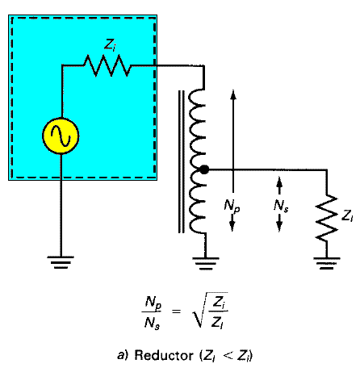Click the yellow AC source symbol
(61, 136)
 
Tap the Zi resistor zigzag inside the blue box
(107, 65)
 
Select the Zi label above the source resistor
(110, 44)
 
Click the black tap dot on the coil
(204, 169)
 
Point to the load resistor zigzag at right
(327, 218)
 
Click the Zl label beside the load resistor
(347, 215)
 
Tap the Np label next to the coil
(232, 206)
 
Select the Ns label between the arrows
(281, 206)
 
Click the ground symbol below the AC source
(61, 262)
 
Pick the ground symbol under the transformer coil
(206, 264)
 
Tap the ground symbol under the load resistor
(327, 263)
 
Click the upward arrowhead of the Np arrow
(233, 95)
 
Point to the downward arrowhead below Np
(232, 226)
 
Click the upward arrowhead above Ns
(279, 182)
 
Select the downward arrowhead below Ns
(279, 226)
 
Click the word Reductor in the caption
(164, 355)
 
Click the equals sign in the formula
(176, 311)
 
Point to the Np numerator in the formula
(153, 302)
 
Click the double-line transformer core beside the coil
(182, 161)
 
